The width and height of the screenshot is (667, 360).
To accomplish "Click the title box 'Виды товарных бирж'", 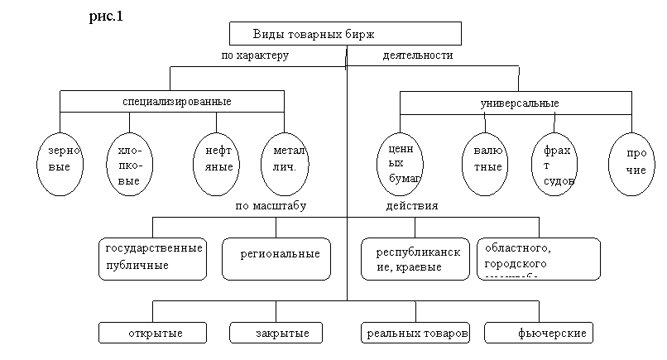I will [x=345, y=34].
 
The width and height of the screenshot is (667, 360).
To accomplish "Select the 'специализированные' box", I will [x=171, y=102].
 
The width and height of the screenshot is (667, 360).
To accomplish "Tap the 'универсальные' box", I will [x=519, y=103].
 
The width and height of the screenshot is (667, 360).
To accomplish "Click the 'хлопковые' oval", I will [x=129, y=166].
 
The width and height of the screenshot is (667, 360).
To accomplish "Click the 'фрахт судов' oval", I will [x=554, y=164].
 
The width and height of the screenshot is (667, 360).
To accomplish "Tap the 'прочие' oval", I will [x=632, y=162].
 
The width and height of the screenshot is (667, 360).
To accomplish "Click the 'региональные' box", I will [x=276, y=259].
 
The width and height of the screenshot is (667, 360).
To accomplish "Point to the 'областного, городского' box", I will [x=538, y=258].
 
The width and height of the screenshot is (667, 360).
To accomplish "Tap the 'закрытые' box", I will [x=281, y=333].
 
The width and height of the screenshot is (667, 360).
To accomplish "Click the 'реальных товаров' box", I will [x=415, y=333].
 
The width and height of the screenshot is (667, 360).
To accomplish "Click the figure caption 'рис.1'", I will [x=106, y=17].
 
